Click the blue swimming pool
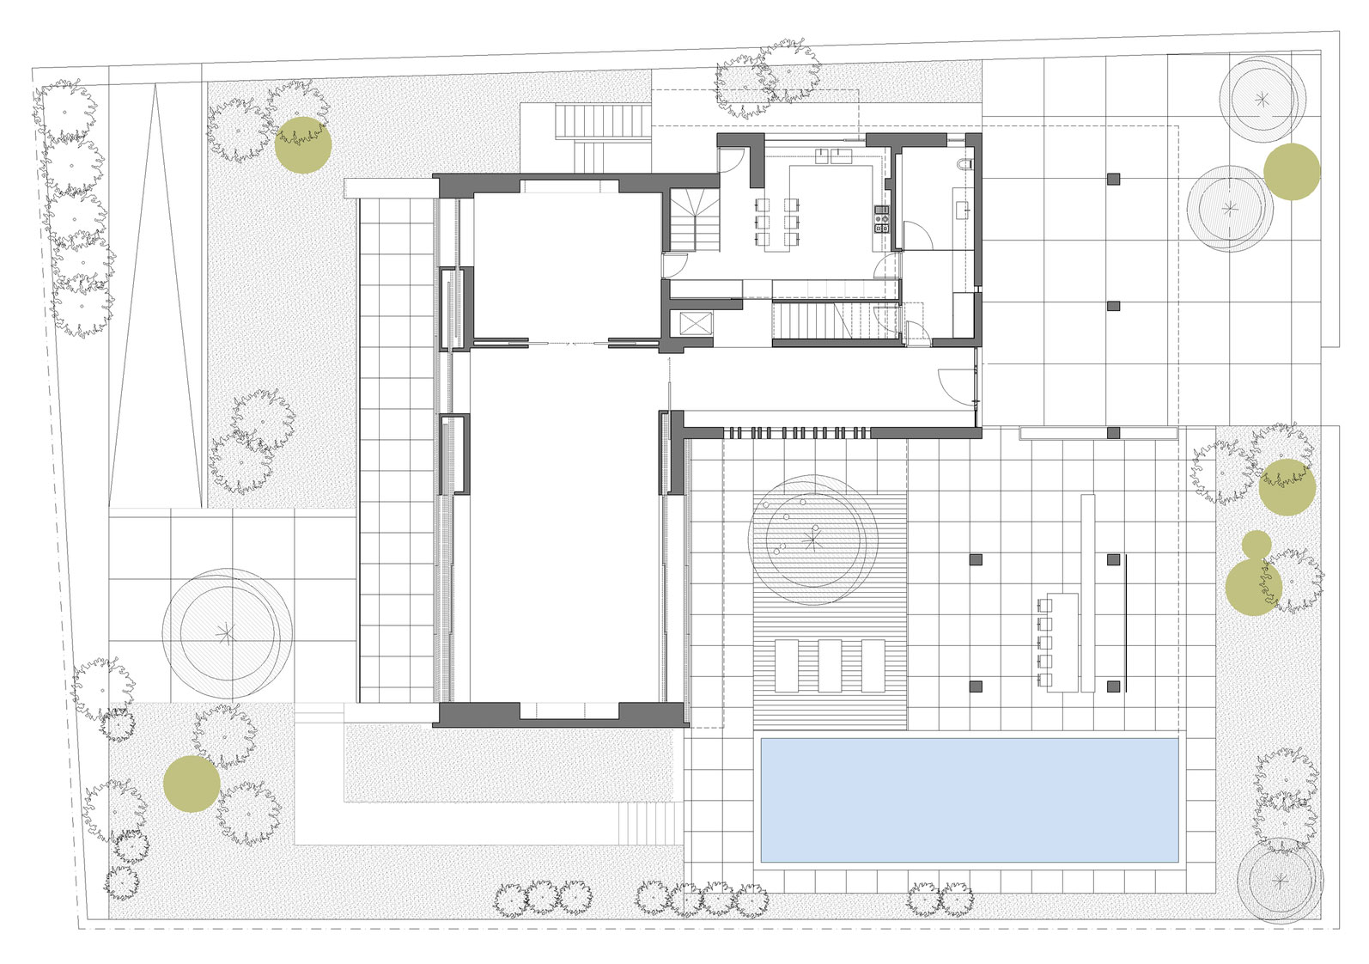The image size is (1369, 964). point(970,800)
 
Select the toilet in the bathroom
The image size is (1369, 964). point(965,163)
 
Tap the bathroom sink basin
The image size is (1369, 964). point(963,207)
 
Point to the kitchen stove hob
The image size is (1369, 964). point(880,220)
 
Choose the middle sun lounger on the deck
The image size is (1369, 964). point(830,665)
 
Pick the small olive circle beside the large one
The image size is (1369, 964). point(1256,543)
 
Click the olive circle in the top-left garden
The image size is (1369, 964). point(302,145)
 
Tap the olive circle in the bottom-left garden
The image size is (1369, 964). point(192,784)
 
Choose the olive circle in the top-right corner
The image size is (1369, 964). point(1291,172)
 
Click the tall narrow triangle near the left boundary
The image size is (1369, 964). point(155,292)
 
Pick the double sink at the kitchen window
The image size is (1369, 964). point(830,156)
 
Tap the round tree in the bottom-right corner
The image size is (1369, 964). point(1280,881)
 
